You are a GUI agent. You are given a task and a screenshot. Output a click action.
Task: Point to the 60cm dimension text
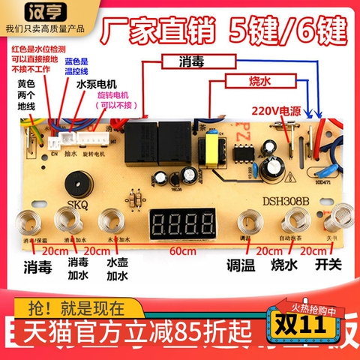click(178, 252)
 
